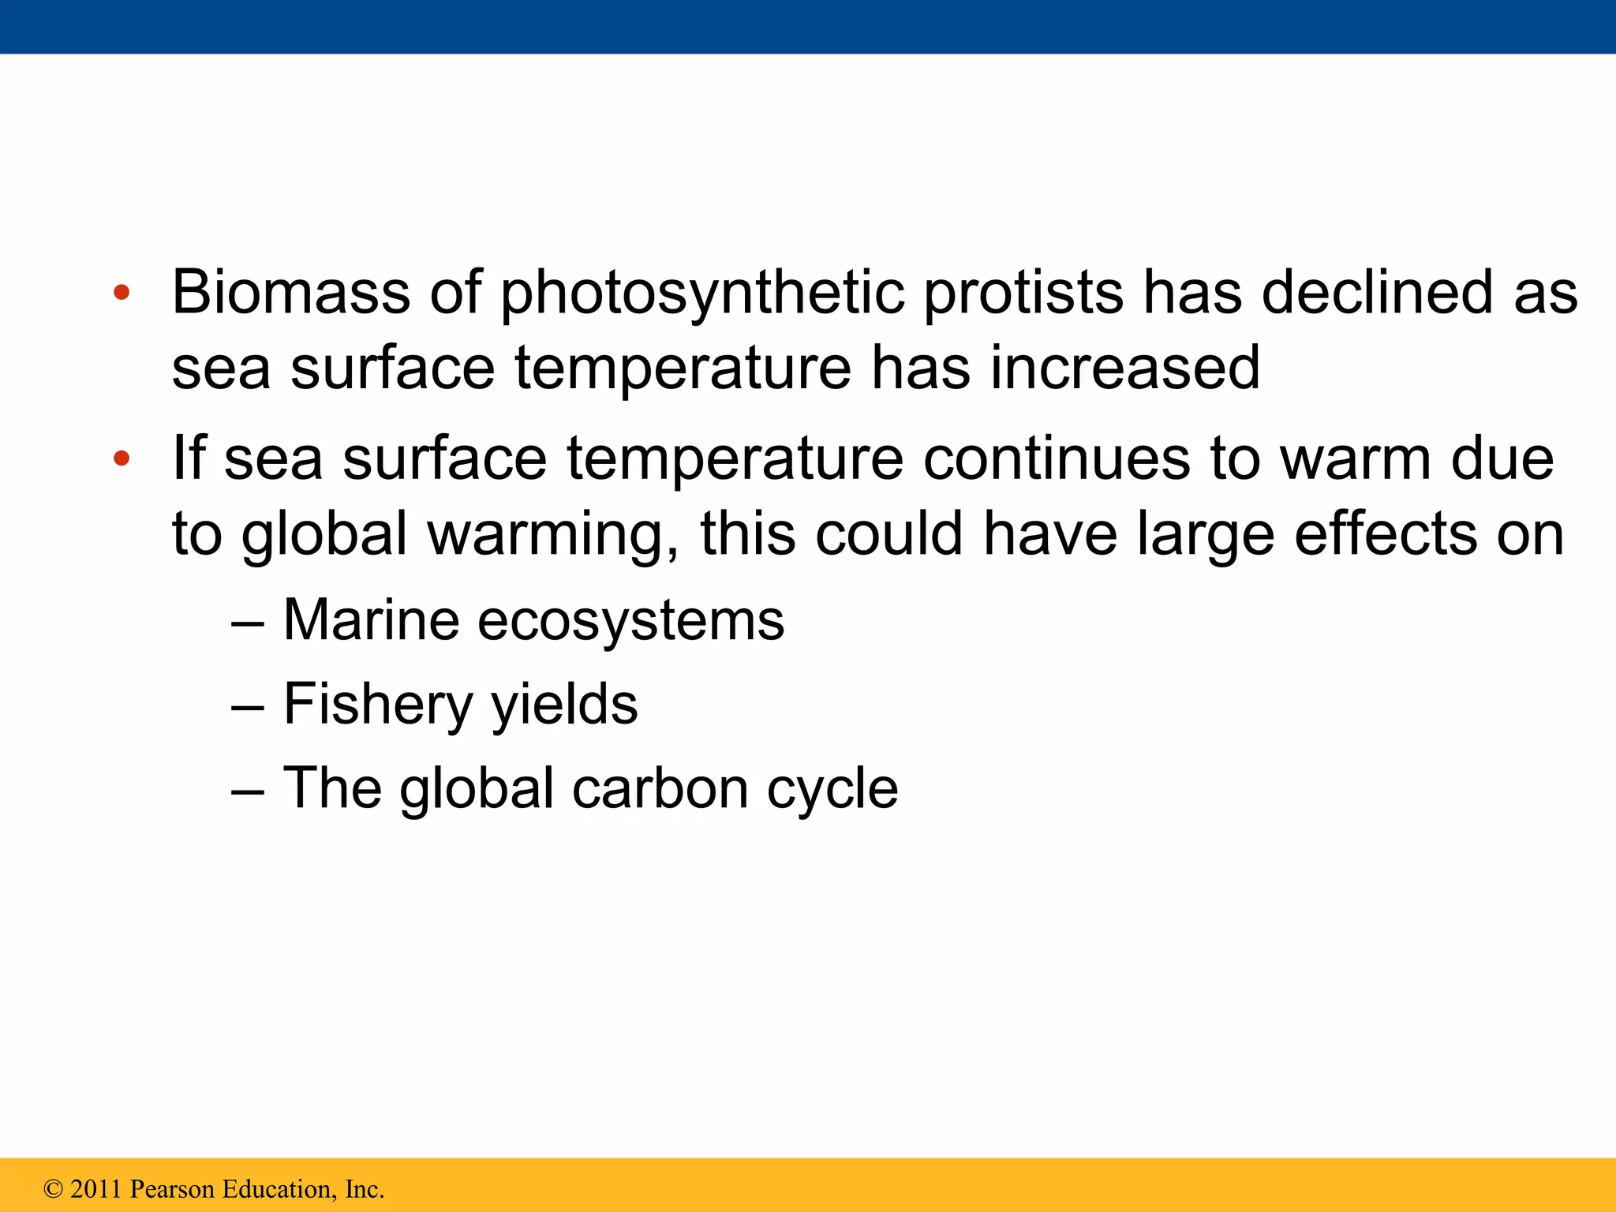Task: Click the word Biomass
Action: (x=290, y=293)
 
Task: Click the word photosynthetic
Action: (x=701, y=293)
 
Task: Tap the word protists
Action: (x=1023, y=293)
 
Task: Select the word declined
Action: (x=1377, y=293)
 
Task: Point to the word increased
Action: (x=1125, y=368)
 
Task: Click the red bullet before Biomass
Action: (x=121, y=294)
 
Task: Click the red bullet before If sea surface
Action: (x=121, y=458)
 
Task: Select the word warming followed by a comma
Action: (x=553, y=535)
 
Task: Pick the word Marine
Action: (x=371, y=620)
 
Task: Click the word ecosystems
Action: (x=630, y=620)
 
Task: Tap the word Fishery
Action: (x=377, y=704)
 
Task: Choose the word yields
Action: (x=564, y=704)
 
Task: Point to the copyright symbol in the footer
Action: (x=53, y=1189)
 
